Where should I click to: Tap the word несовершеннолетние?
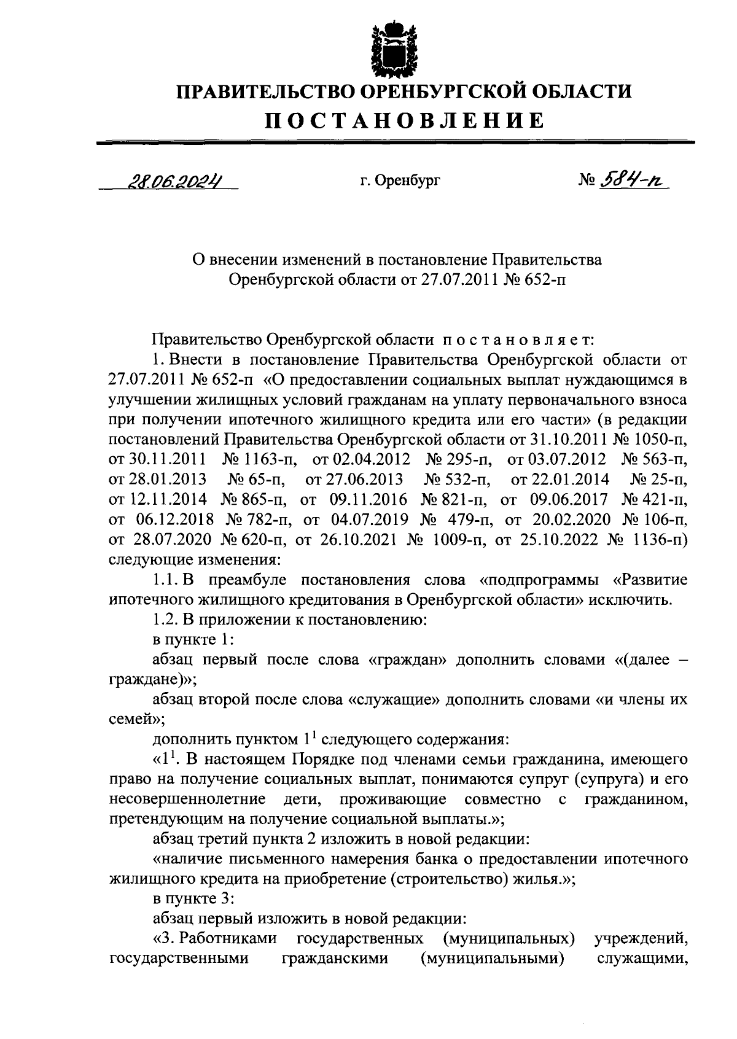click(187, 799)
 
